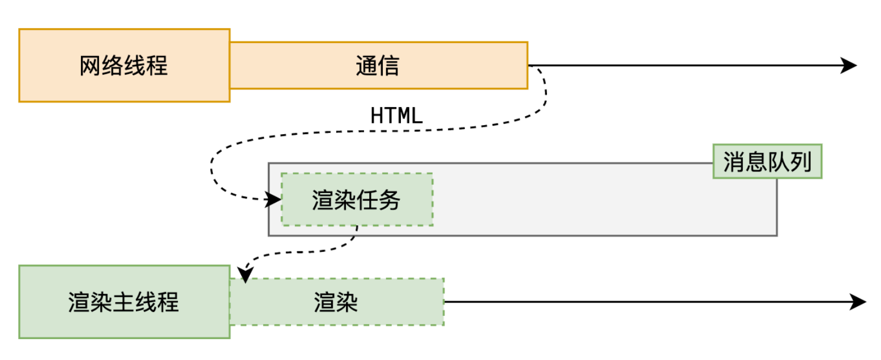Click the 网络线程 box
pyautogui.click(x=124, y=66)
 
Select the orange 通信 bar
pyautogui.click(x=378, y=66)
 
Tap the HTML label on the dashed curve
pyautogui.click(x=396, y=115)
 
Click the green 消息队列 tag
pyautogui.click(x=767, y=163)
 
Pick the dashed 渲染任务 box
pyautogui.click(x=357, y=200)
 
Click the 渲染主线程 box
pyautogui.click(x=124, y=302)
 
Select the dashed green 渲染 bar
pyautogui.click(x=336, y=302)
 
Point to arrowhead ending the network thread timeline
pyautogui.click(x=849, y=66)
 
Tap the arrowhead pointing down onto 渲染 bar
pyautogui.click(x=245, y=275)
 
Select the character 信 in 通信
pyautogui.click(x=389, y=66)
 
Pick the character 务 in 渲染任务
pyautogui.click(x=390, y=200)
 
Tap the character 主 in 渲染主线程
pyautogui.click(x=124, y=302)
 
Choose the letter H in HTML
pyautogui.click(x=377, y=115)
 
